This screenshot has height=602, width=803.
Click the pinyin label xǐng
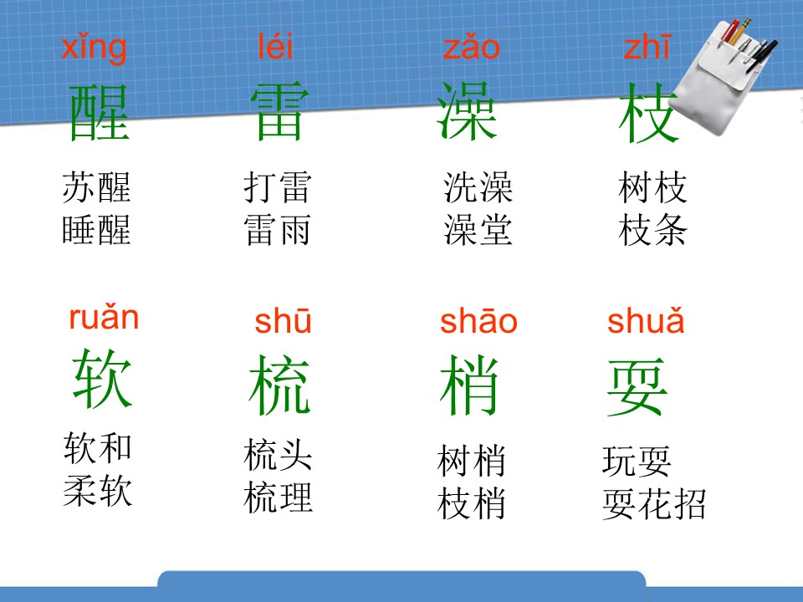point(94,48)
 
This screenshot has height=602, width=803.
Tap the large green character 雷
point(279,113)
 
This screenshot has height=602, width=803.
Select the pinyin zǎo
point(471,48)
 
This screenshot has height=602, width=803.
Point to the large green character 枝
point(647,115)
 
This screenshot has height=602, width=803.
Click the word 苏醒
point(96,187)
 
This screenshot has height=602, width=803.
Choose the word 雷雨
point(277,230)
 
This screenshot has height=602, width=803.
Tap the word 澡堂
point(478,230)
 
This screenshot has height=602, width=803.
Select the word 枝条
point(652,230)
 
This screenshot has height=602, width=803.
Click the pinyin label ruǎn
point(104,319)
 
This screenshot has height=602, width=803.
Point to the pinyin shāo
point(478,321)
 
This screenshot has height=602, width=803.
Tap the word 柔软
point(97,491)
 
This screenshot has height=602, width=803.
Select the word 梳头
point(278,457)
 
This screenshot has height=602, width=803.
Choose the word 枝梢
point(472,503)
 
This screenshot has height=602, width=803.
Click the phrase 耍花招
point(654,504)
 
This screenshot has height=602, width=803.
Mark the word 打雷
point(277,187)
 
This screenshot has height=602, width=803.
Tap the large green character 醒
point(99,113)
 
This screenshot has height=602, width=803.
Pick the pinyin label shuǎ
point(645,321)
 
